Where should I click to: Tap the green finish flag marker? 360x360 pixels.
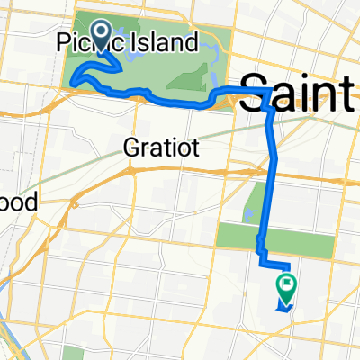tap(287, 287)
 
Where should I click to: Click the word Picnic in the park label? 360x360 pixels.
tap(88, 42)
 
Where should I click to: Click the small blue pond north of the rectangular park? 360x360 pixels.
tap(248, 215)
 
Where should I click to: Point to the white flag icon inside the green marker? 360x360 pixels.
tap(287, 285)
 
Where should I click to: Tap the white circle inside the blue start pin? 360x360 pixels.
tap(99, 32)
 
